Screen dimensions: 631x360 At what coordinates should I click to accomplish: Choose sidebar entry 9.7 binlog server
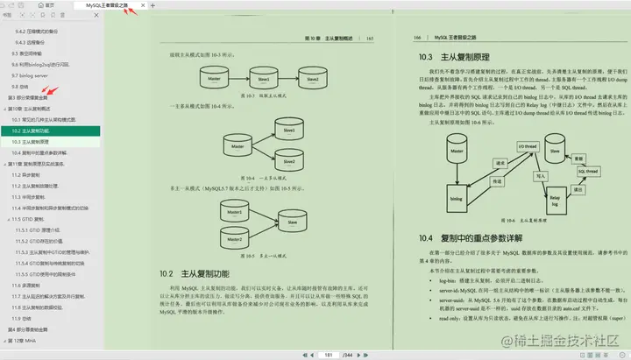(x=31, y=75)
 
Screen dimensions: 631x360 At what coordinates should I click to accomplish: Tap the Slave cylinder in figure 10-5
(x=292, y=223)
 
